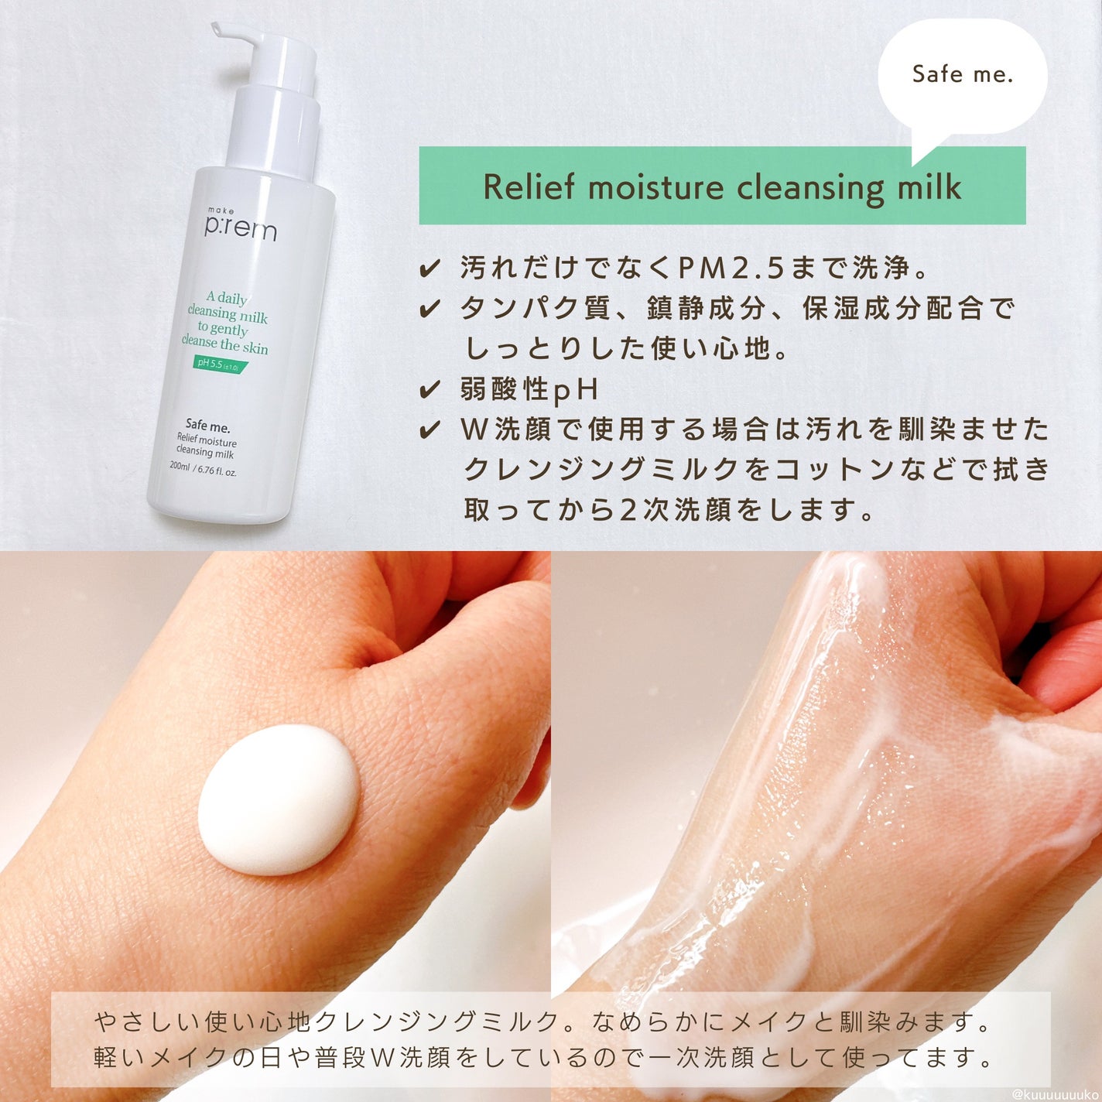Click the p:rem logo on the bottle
(240, 228)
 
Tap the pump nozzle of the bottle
(232, 33)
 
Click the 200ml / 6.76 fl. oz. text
(203, 468)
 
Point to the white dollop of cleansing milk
(278, 799)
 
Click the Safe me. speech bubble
(962, 75)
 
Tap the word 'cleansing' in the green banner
(810, 188)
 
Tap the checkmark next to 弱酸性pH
(430, 389)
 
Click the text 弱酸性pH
(529, 389)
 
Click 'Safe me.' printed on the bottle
(207, 425)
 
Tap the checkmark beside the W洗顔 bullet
(430, 430)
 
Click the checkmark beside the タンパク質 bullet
(430, 310)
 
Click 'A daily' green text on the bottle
(226, 298)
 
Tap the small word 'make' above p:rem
(221, 210)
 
